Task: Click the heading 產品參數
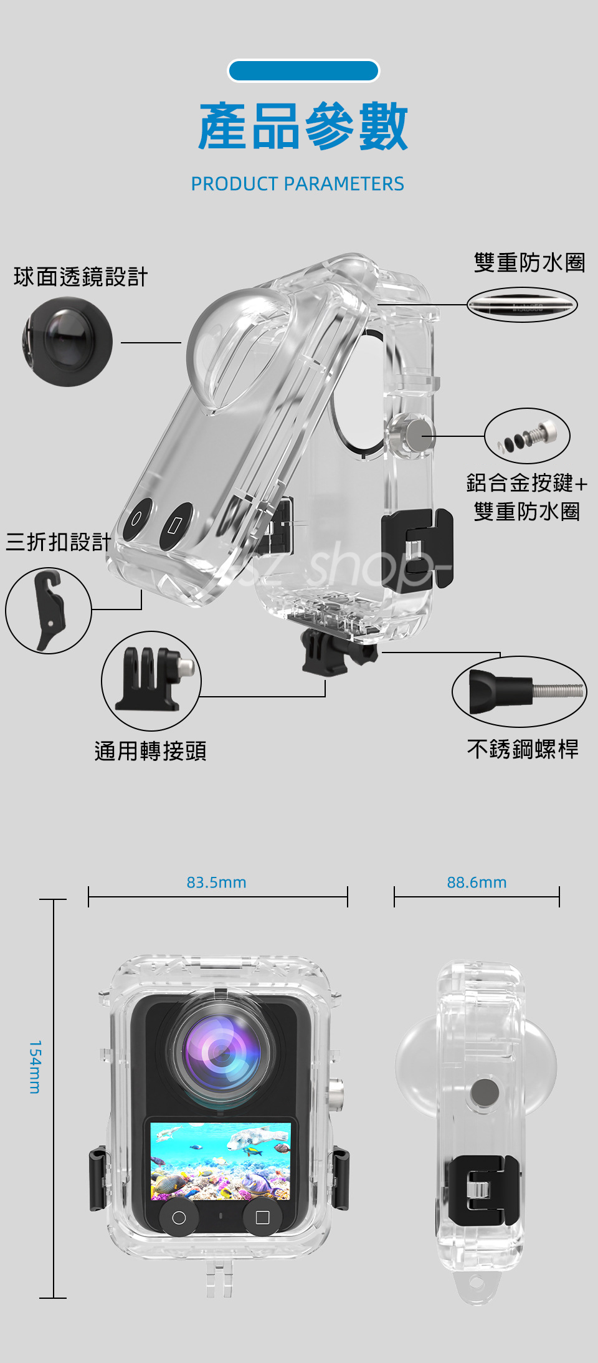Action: click(303, 128)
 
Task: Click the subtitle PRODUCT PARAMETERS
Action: click(297, 184)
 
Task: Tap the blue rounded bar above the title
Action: click(303, 71)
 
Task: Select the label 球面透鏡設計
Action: click(81, 277)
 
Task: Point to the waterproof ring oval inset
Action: click(522, 305)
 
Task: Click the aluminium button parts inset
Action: click(527, 436)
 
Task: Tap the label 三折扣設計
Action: click(59, 542)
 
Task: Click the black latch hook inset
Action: click(49, 611)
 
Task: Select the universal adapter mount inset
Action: click(151, 681)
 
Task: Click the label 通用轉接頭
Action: click(150, 751)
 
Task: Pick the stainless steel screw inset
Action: click(519, 691)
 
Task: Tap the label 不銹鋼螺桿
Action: click(523, 748)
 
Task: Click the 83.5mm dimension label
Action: click(216, 882)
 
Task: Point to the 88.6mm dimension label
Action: click(477, 882)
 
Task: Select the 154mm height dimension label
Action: click(36, 1066)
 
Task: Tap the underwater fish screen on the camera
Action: click(221, 1161)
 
